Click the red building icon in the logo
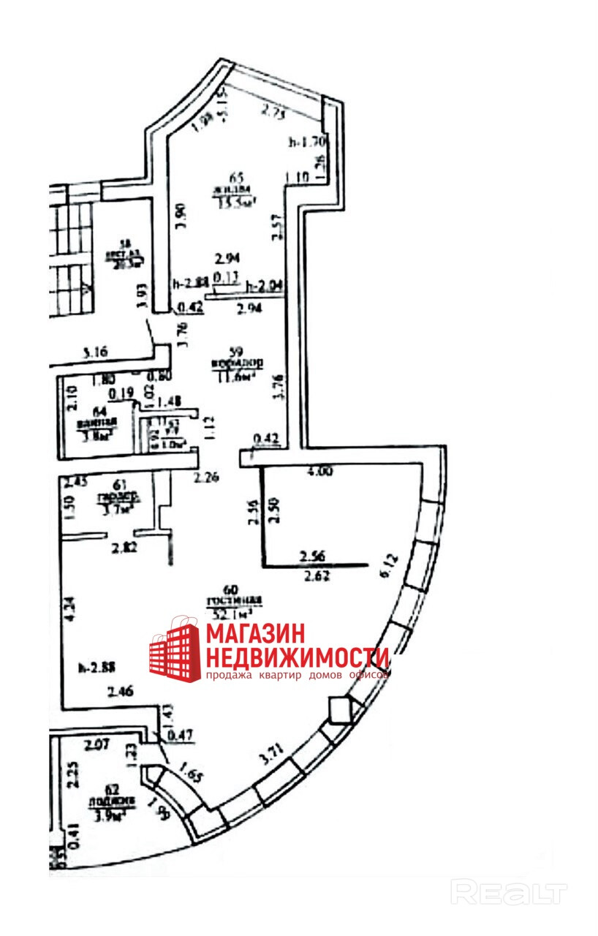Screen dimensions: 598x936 [175, 649]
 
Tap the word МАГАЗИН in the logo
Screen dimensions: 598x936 [254, 633]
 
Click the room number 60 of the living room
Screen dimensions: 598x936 [231, 589]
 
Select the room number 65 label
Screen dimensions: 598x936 [235, 177]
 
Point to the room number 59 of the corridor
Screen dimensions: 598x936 [235, 350]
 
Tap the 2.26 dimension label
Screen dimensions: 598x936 [206, 480]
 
